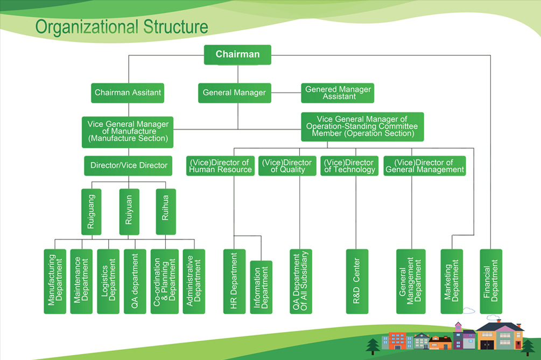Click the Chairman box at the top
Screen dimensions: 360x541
237,54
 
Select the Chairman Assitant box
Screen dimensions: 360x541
128,93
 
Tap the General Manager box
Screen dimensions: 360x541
234,93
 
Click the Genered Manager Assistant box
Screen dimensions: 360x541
338,93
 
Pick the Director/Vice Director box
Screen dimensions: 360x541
128,166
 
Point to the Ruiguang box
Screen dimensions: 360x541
91,211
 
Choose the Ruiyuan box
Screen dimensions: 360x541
129,211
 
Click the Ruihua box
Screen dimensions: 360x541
166,211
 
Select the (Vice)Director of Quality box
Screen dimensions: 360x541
287,166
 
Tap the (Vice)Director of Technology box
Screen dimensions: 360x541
349,166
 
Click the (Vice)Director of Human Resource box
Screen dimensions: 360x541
220,166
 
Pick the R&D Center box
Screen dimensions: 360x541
357,281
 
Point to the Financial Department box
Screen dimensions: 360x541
491,281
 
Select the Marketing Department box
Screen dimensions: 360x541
452,281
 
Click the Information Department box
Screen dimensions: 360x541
261,287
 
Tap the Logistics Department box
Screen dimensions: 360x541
108,281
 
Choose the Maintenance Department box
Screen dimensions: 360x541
81,281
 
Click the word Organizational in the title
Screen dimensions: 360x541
87,26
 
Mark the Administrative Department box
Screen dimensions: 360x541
194,281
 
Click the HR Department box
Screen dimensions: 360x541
234,281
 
